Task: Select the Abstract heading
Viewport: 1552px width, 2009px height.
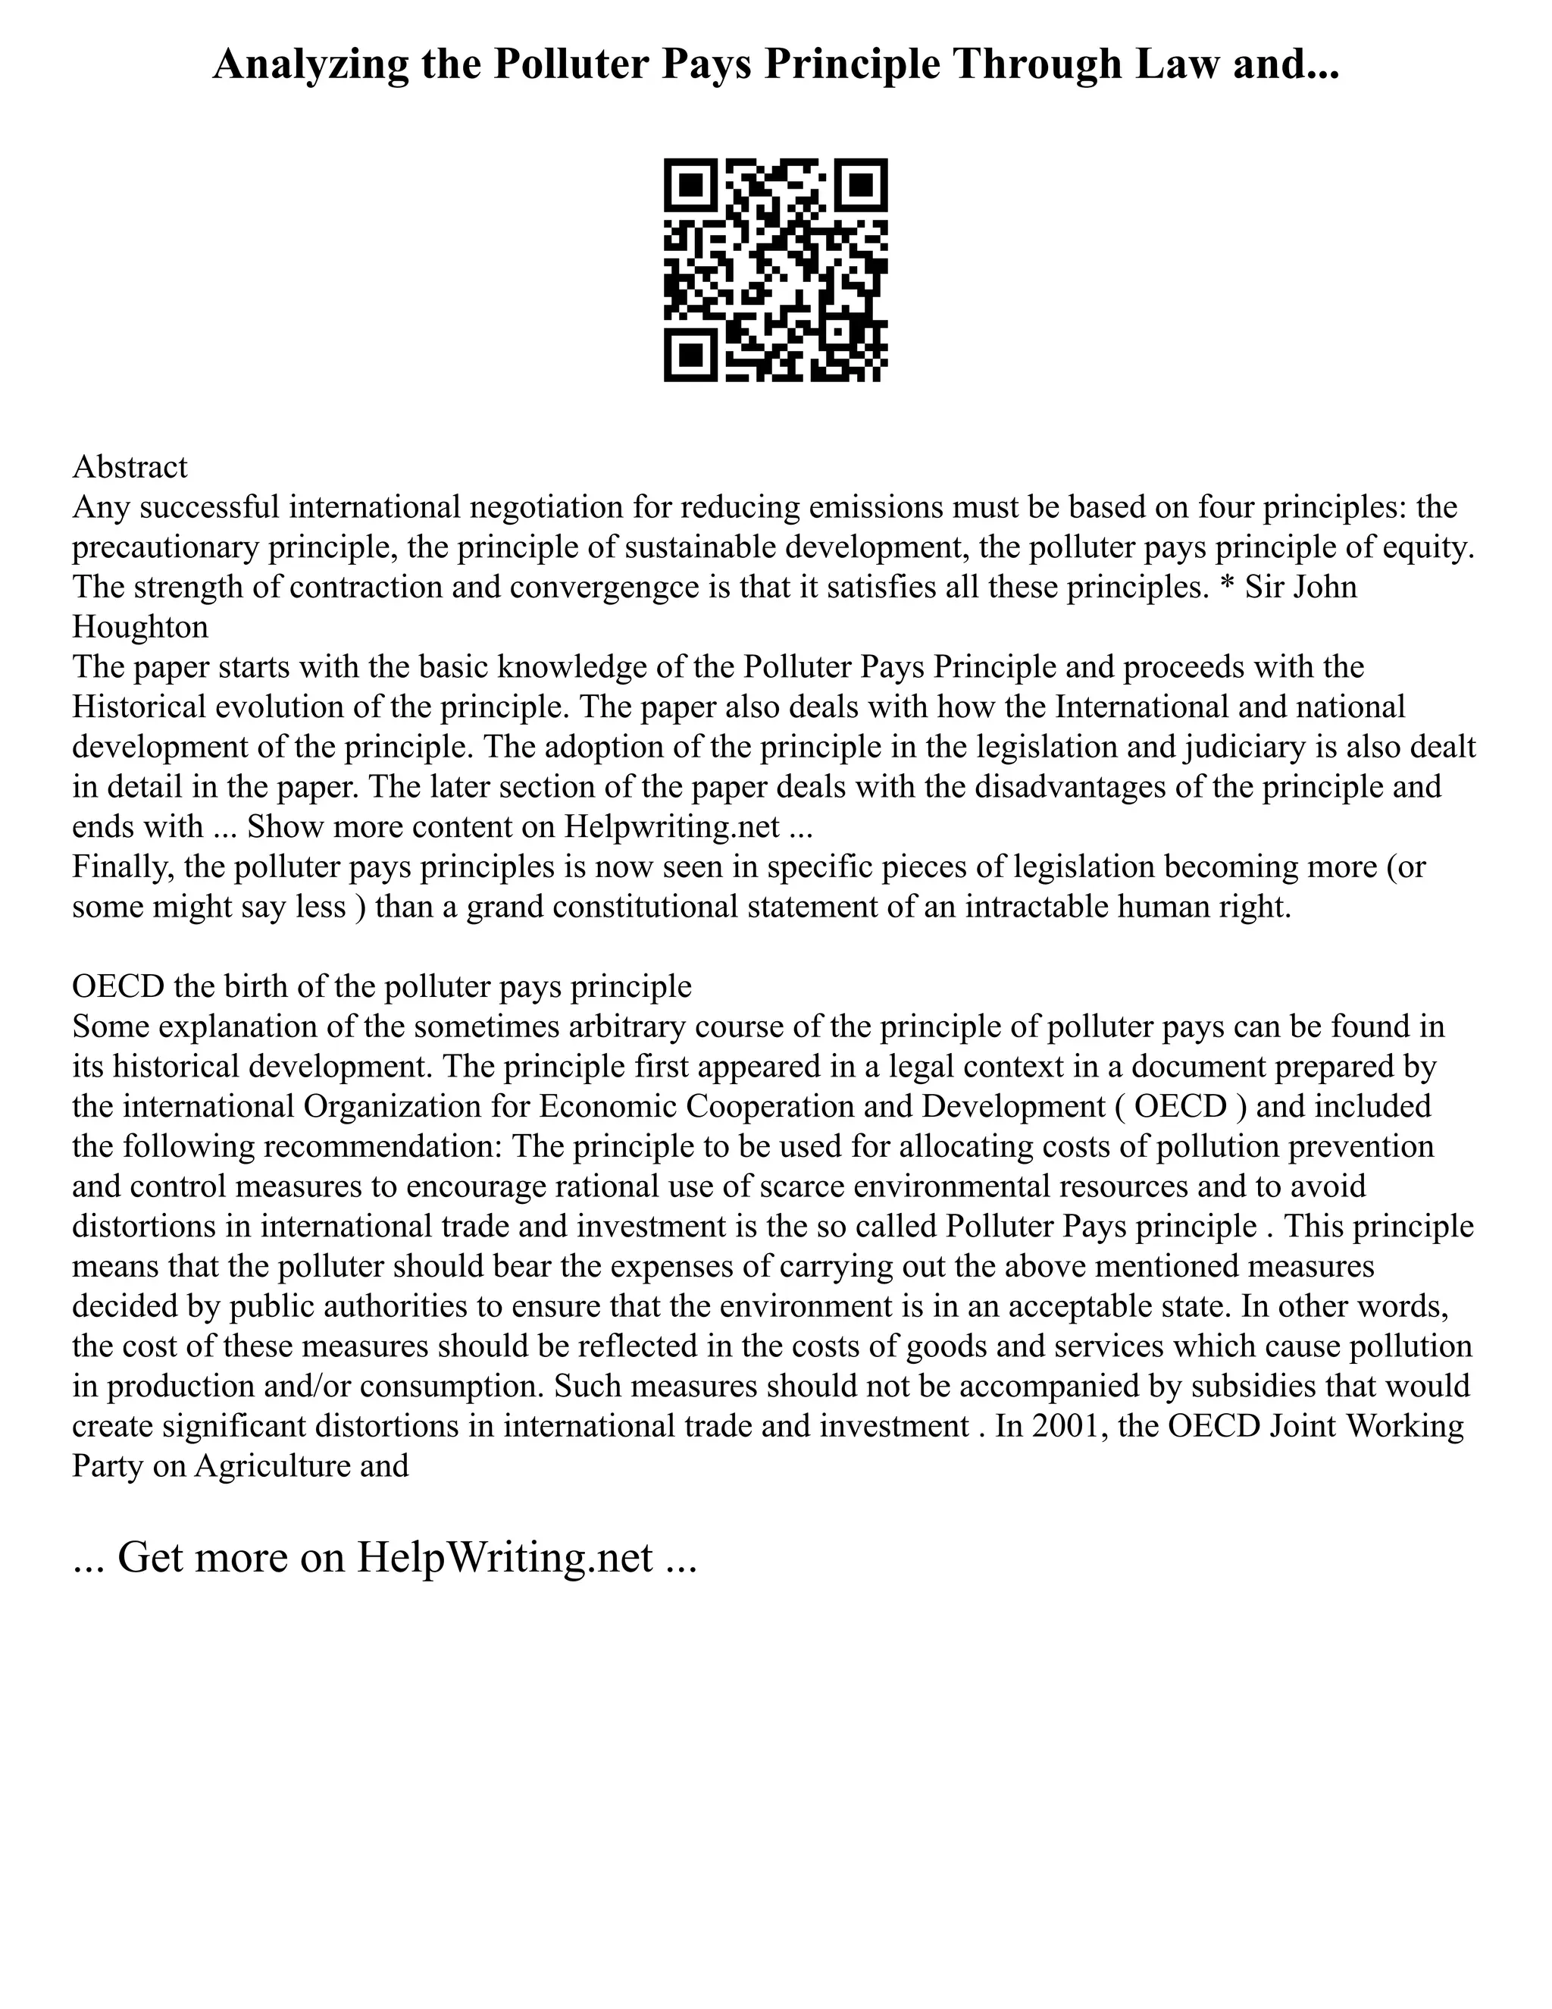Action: pos(130,467)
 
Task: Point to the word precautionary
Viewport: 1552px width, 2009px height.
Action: pos(167,547)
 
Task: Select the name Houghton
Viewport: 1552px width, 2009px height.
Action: pos(139,628)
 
